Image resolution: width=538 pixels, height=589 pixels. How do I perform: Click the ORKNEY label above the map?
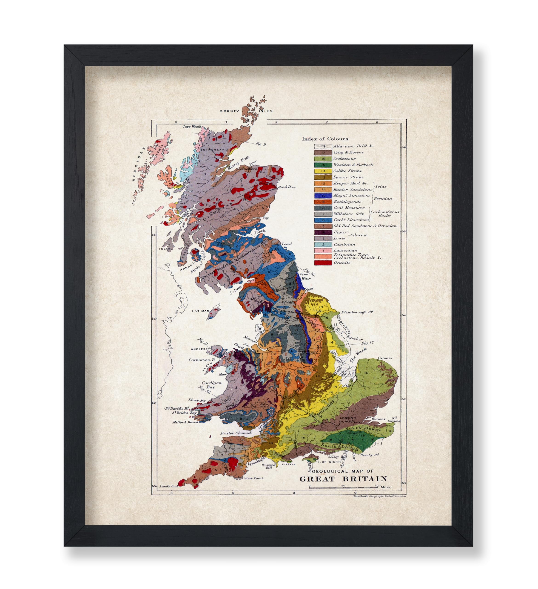(x=229, y=111)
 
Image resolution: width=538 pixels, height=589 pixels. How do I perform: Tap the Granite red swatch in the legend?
(x=323, y=263)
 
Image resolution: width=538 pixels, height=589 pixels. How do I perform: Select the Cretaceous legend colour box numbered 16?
(x=323, y=159)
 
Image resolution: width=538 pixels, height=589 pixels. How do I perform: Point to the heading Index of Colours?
(x=325, y=139)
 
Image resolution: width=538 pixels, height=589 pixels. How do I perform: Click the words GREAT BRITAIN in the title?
(x=343, y=479)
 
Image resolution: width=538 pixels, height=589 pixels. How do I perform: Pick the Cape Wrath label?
(x=192, y=127)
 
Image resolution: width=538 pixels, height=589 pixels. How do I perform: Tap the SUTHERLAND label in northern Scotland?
(x=214, y=150)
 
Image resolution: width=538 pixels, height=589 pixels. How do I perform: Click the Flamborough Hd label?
(x=357, y=312)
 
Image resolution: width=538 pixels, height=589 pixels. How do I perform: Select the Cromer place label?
(x=385, y=358)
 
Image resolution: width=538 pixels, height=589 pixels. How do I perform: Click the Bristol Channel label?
(x=236, y=433)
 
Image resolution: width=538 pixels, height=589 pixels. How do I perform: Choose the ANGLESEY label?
(x=200, y=349)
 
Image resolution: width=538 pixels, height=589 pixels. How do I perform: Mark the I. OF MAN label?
(x=200, y=311)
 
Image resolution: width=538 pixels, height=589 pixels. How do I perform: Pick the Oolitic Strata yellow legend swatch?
(x=323, y=171)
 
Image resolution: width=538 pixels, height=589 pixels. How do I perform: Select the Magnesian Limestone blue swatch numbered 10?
(x=323, y=196)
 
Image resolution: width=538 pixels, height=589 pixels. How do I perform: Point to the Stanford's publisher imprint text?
(x=379, y=496)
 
